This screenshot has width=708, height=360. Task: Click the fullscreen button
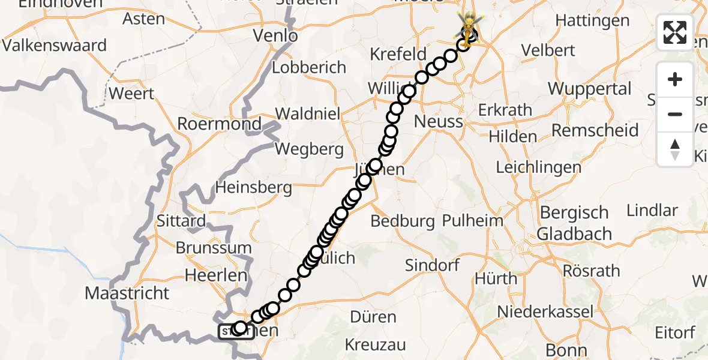pos(675,32)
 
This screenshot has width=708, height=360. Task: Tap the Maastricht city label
pos(127,293)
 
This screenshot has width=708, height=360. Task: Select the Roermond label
pos(220,124)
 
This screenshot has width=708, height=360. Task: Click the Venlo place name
pos(275,36)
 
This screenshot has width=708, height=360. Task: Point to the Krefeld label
pos(398,54)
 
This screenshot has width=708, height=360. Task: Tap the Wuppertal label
pos(589,89)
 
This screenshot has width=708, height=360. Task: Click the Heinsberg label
pos(253,188)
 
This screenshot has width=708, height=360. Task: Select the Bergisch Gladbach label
pos(574,223)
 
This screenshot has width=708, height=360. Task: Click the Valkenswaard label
pos(55,46)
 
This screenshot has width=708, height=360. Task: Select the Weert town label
pos(131,94)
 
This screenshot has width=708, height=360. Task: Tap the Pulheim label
pos(472,221)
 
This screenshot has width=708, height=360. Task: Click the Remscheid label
pos(595,130)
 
